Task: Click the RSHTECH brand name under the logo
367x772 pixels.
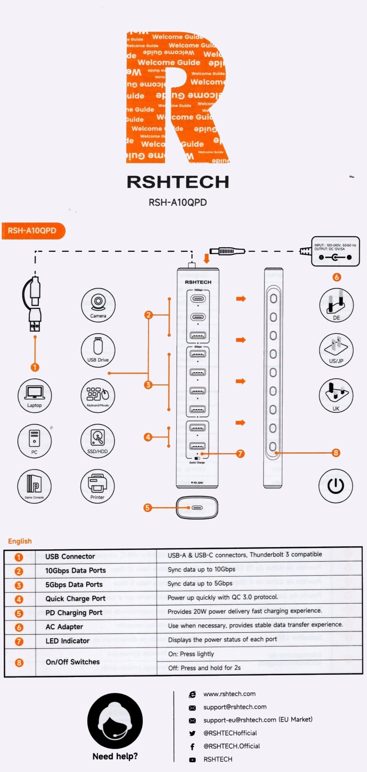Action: (178, 182)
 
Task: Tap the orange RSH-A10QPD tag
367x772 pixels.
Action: (33, 231)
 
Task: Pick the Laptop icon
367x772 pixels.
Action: (35, 395)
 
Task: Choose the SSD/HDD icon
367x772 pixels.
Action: (97, 441)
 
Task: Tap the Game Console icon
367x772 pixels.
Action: (35, 486)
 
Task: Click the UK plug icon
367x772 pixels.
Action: (336, 395)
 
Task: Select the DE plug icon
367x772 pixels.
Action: (336, 305)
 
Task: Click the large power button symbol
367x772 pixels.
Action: (336, 486)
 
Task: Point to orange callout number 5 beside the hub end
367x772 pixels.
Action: (147, 508)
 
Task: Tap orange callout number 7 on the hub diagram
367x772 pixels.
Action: (240, 454)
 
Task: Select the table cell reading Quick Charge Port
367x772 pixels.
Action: (75, 599)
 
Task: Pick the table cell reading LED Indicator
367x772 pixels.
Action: (68, 641)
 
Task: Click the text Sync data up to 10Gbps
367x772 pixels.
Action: (201, 569)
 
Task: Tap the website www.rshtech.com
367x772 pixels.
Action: (229, 694)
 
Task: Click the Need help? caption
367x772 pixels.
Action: (115, 756)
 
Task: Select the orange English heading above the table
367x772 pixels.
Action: (20, 541)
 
